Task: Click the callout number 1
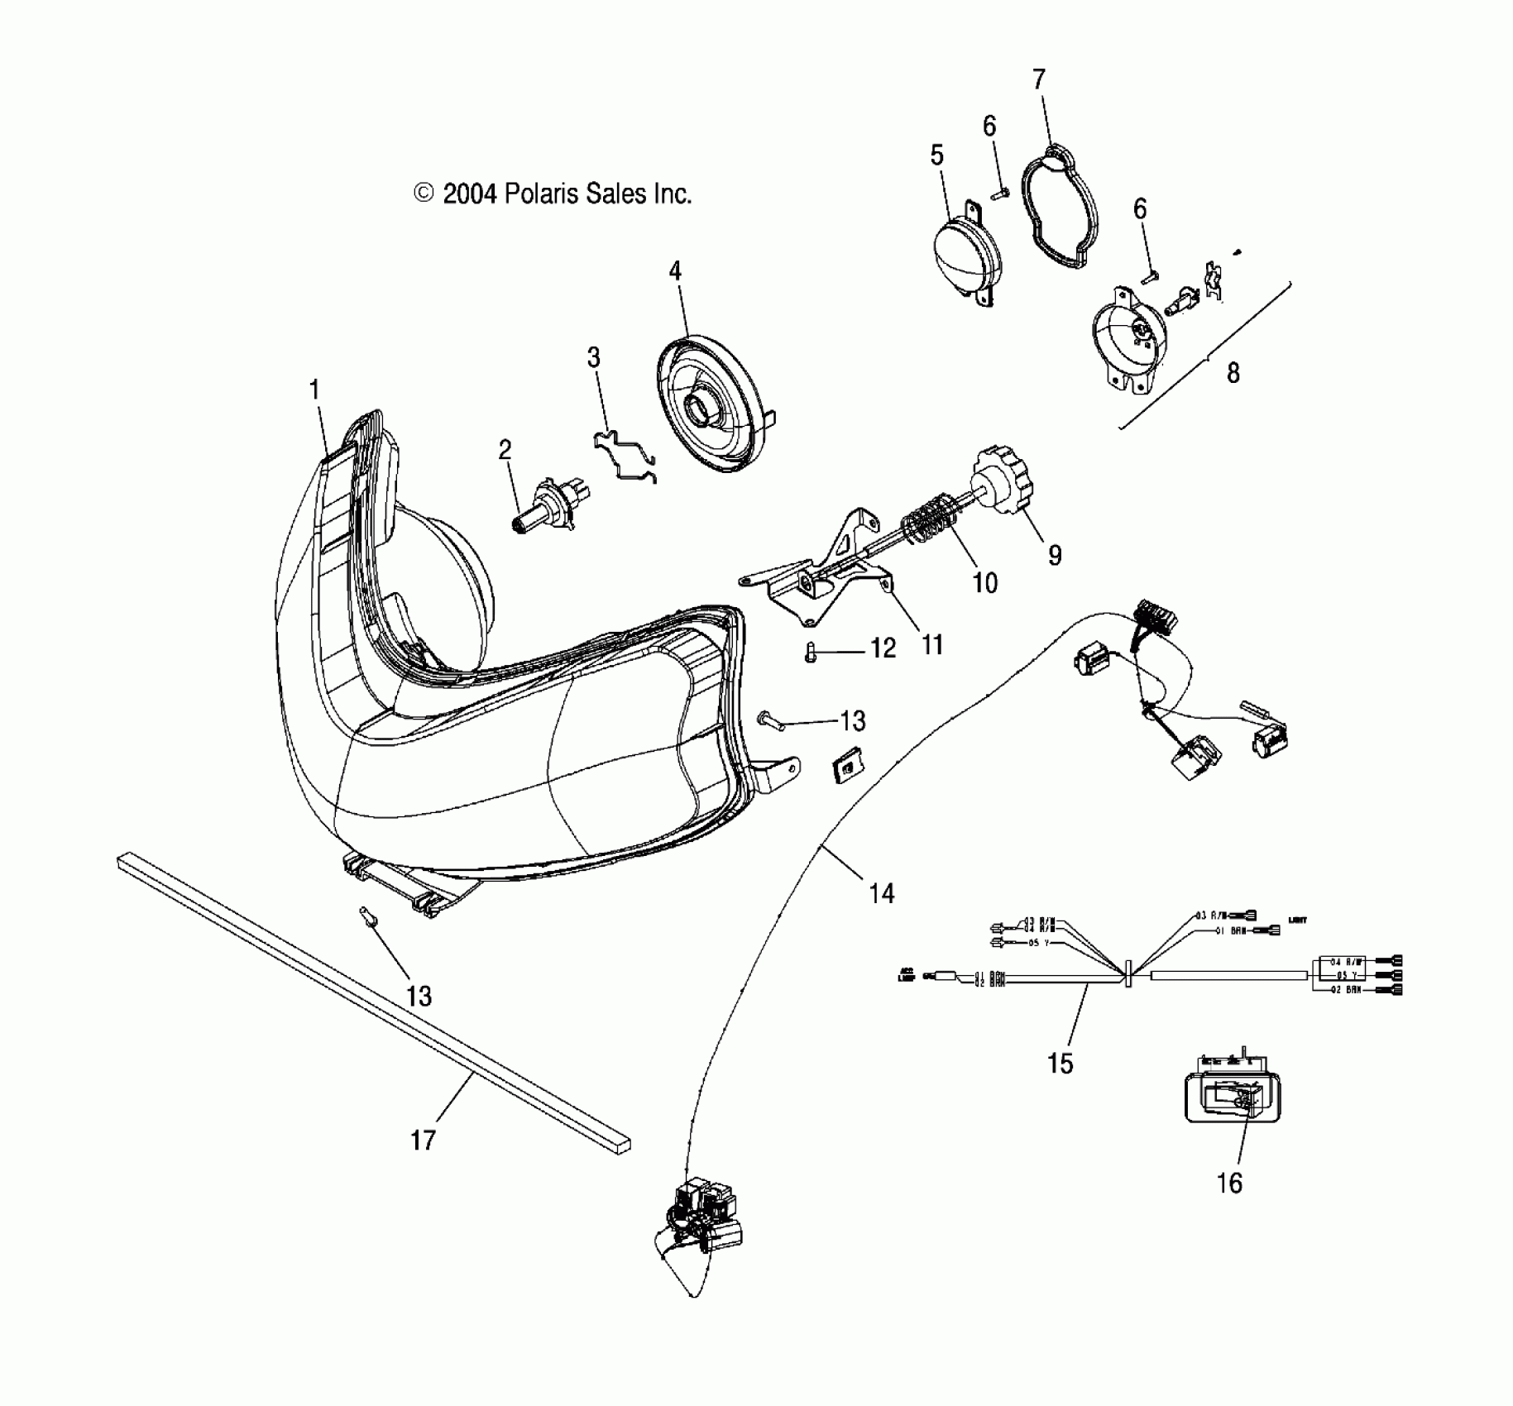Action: tap(314, 390)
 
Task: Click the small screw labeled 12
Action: tap(810, 654)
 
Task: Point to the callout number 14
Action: tap(882, 893)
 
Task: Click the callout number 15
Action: tap(1060, 1063)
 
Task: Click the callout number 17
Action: tap(423, 1141)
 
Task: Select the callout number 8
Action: tap(1233, 373)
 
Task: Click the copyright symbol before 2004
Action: tap(424, 194)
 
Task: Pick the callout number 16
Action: tap(1229, 1184)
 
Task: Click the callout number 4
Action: tap(675, 271)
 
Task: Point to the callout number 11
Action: tap(932, 644)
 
